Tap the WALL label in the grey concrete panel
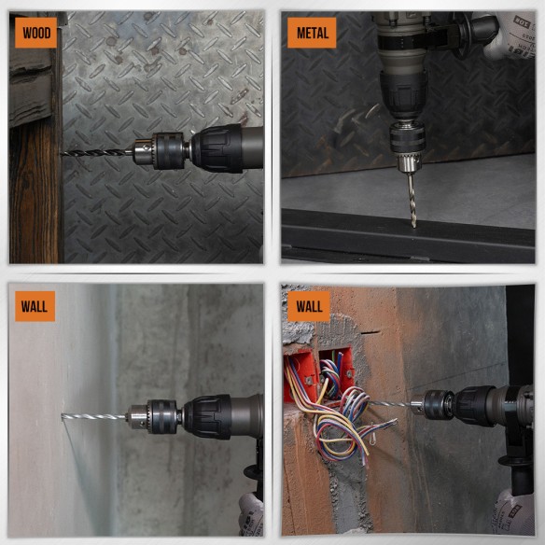[x=35, y=305]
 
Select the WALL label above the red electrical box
[x=309, y=305]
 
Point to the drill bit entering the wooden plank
[x=93, y=152]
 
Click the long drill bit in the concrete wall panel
[x=93, y=416]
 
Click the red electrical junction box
[x=317, y=369]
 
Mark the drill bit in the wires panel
[x=397, y=404]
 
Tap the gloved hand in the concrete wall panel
[x=250, y=513]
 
